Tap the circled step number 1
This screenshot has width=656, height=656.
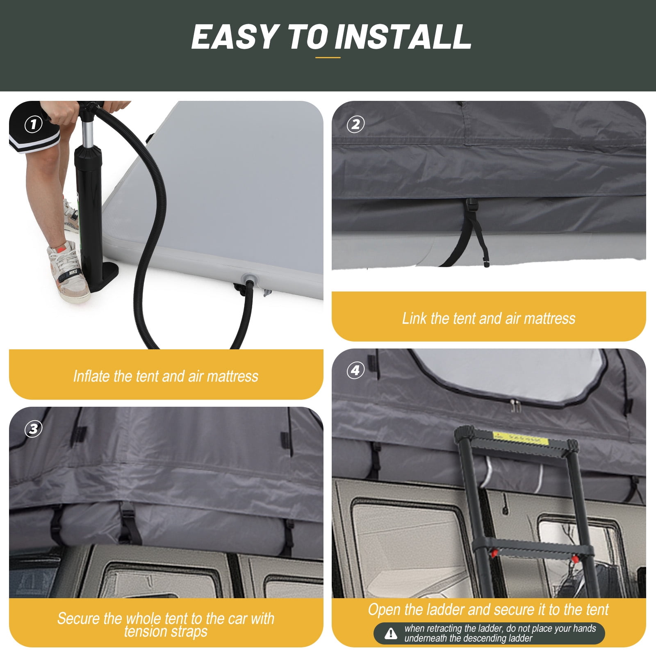tap(33, 124)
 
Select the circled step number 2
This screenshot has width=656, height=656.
tap(355, 124)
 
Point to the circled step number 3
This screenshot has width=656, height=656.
tap(33, 429)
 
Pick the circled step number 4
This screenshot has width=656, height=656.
tap(355, 371)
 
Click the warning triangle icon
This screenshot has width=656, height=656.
tap(391, 633)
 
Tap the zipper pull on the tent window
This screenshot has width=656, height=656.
tap(513, 405)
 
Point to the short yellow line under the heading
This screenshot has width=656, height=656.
tap(328, 57)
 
